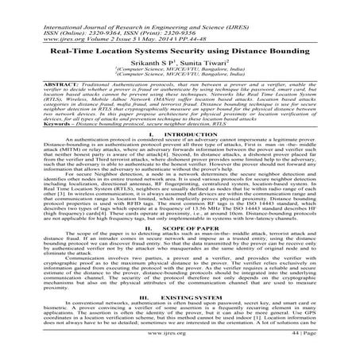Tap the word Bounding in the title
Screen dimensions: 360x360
click(286, 46)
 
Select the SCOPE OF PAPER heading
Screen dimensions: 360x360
click(190, 250)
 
